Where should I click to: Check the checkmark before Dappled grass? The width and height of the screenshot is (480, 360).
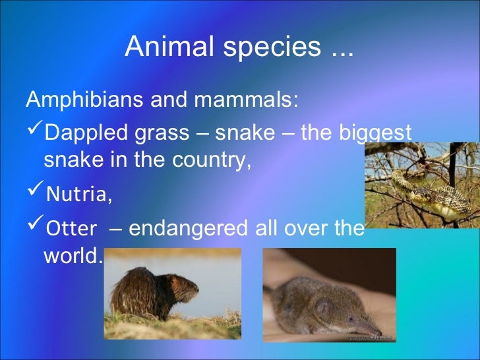(x=34, y=132)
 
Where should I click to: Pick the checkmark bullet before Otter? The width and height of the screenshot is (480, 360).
(x=34, y=228)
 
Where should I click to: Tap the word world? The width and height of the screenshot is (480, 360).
(x=71, y=256)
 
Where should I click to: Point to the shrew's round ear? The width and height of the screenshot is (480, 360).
(x=322, y=305)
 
